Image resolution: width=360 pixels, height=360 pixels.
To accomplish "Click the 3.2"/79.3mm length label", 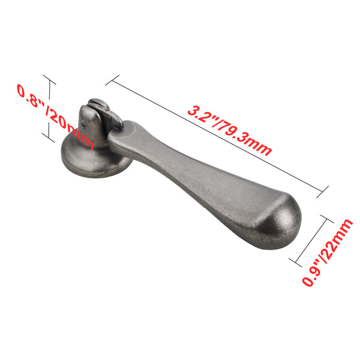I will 230,130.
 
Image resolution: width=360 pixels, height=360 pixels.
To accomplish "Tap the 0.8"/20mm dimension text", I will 55,118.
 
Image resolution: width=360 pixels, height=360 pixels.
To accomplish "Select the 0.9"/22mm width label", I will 328,253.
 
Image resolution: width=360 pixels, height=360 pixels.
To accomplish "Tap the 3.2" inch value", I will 202,115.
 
